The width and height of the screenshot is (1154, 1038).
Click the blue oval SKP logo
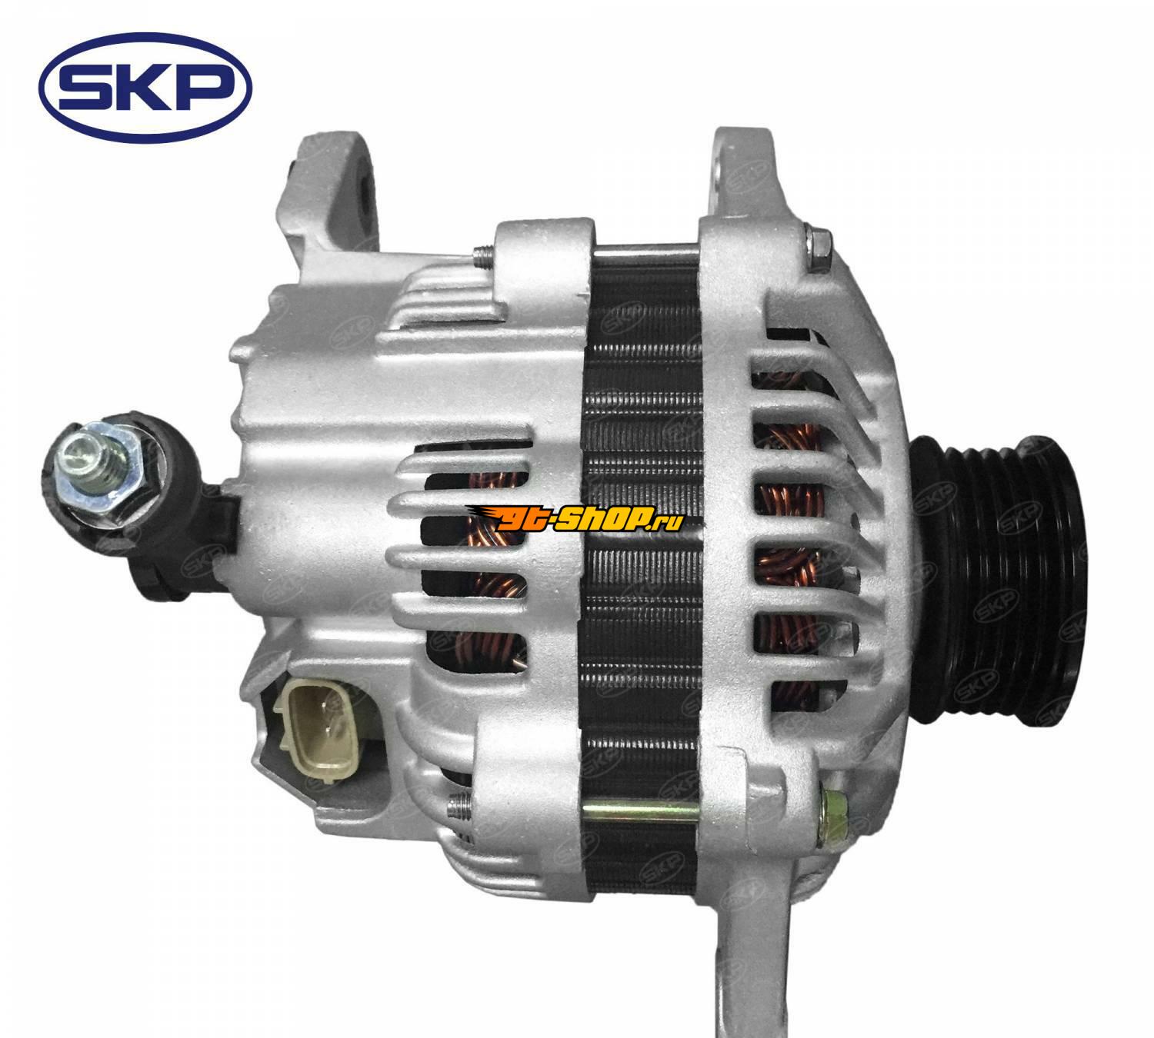tap(145, 88)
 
